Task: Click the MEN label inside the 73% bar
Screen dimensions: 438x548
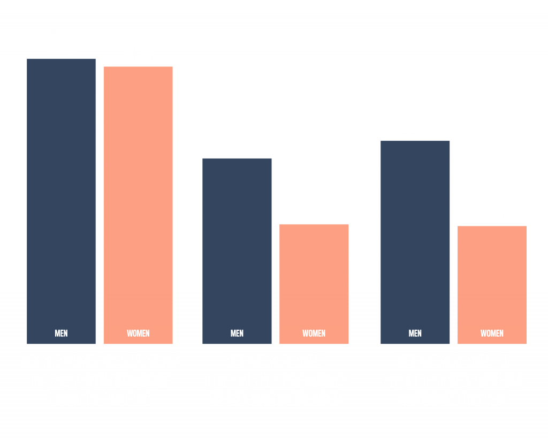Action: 62,333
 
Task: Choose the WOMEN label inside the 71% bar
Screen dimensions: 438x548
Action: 138,333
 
